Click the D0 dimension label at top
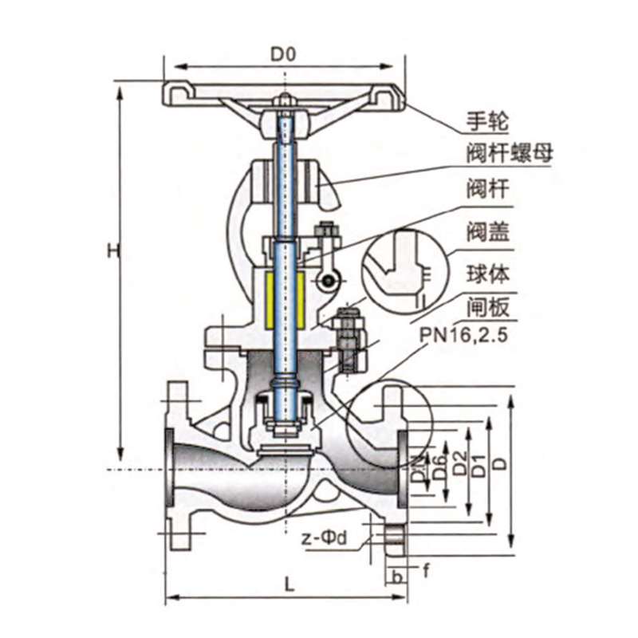[x=283, y=54]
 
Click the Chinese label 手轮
[x=487, y=121]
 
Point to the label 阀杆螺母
[x=510, y=153]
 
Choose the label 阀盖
[x=488, y=231]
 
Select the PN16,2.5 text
[x=463, y=336]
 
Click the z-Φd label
[x=325, y=538]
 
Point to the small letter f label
[x=426, y=571]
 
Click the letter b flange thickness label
[x=397, y=577]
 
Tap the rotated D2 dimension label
[x=459, y=463]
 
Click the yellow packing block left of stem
[x=270, y=301]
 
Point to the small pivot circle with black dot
[x=328, y=281]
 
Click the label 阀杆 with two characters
[x=488, y=189]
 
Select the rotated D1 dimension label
[x=480, y=467]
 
